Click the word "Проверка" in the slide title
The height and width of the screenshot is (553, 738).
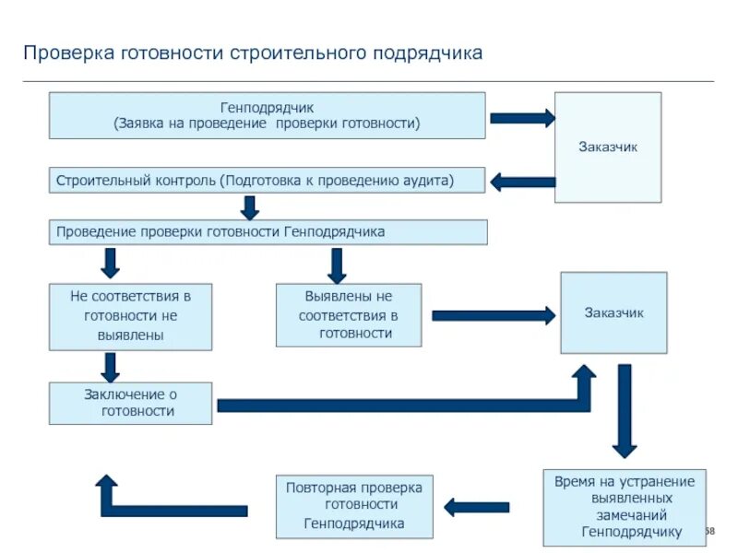tap(66, 53)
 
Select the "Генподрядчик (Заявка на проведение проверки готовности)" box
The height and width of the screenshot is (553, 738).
tap(267, 115)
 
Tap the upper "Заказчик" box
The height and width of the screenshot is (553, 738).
tap(607, 147)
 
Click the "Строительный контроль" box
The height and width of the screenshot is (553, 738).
tap(267, 180)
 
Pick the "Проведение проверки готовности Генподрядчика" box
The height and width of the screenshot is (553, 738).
tap(268, 232)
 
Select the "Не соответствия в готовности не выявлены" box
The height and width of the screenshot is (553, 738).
tap(130, 317)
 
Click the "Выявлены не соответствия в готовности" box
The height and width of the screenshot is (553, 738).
tap(349, 315)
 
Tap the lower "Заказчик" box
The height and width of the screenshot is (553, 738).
tap(613, 313)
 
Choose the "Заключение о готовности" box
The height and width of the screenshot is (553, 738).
tap(130, 404)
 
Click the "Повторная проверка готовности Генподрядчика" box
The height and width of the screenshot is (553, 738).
tap(354, 507)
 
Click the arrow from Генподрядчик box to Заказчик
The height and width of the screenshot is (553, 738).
tap(522, 118)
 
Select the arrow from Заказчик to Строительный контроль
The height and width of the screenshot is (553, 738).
tap(522, 182)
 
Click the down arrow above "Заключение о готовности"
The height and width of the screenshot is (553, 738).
tap(111, 368)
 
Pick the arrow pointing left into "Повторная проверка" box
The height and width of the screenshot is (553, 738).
tap(476, 506)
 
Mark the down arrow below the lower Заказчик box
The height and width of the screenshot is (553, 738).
tap(625, 410)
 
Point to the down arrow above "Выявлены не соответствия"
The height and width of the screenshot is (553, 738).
tap(337, 265)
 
